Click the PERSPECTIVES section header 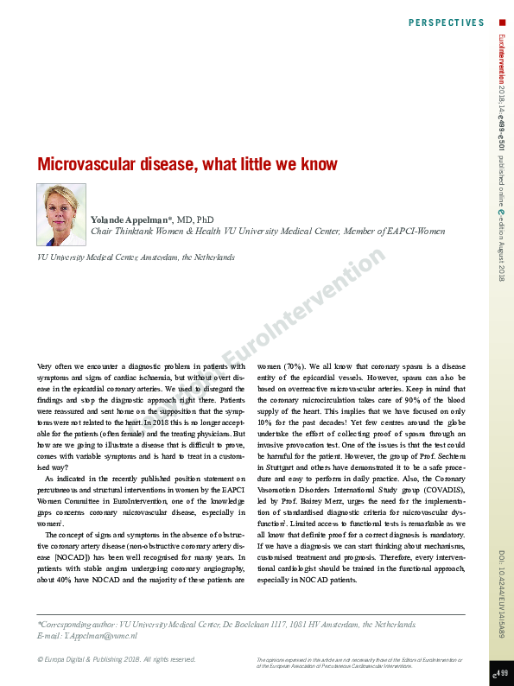446,22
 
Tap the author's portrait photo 61,214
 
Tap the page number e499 500,672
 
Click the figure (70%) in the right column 289,366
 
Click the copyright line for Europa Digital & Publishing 117,659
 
